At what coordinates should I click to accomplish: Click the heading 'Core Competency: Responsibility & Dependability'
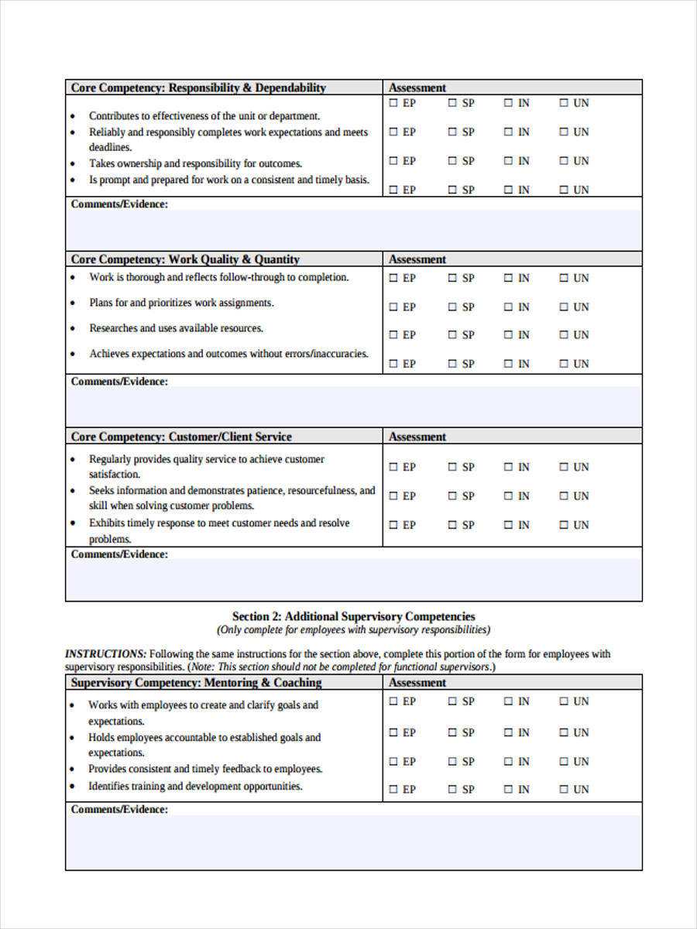pyautogui.click(x=198, y=87)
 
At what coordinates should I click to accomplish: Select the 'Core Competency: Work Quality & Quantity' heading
pyautogui.click(x=185, y=259)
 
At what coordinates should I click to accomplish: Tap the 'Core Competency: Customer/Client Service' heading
pyautogui.click(x=181, y=437)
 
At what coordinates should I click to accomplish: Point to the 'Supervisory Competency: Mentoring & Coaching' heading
pyautogui.click(x=196, y=683)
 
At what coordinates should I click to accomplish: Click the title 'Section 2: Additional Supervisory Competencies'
pyautogui.click(x=354, y=616)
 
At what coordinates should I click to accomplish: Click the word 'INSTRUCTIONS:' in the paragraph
pyautogui.click(x=105, y=653)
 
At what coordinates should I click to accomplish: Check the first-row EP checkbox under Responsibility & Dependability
pyautogui.click(x=393, y=103)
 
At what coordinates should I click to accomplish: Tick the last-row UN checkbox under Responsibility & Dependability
pyautogui.click(x=564, y=190)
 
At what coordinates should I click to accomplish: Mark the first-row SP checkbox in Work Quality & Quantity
pyautogui.click(x=452, y=278)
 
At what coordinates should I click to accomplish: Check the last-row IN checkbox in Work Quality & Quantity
pyautogui.click(x=509, y=364)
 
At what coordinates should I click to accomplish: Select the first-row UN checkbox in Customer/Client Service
pyautogui.click(x=564, y=467)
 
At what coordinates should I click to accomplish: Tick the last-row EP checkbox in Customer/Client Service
pyautogui.click(x=393, y=525)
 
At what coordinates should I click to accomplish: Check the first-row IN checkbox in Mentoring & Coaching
pyautogui.click(x=509, y=701)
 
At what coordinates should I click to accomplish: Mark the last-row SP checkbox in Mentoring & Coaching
pyautogui.click(x=452, y=790)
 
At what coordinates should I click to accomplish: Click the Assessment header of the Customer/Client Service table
pyautogui.click(x=417, y=437)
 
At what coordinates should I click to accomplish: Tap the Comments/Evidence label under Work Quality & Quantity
pyautogui.click(x=119, y=382)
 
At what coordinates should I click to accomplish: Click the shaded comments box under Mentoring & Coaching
pyautogui.click(x=354, y=842)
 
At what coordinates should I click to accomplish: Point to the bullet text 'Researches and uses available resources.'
pyautogui.click(x=176, y=328)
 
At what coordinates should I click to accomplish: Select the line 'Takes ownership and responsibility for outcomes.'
pyautogui.click(x=195, y=163)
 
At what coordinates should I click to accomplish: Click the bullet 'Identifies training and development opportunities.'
pyautogui.click(x=195, y=787)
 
